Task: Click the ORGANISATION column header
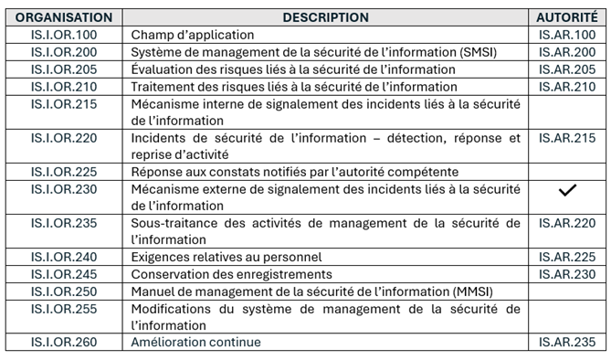tap(64, 17)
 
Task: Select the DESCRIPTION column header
tap(325, 17)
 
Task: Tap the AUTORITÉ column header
tap(567, 17)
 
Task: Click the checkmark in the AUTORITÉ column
tap(567, 189)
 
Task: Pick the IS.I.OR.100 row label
tap(64, 35)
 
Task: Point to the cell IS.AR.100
tap(567, 35)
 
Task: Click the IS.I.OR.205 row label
tap(64, 69)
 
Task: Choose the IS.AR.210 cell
tap(567, 87)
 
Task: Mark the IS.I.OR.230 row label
tap(64, 189)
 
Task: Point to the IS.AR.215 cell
tap(567, 138)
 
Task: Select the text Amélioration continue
tap(195, 343)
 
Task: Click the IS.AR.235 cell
tap(567, 343)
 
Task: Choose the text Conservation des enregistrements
tap(231, 274)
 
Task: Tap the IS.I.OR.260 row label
tap(64, 343)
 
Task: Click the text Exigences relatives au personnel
tap(226, 257)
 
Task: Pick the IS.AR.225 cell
tap(567, 257)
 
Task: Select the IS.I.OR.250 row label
tap(64, 291)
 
